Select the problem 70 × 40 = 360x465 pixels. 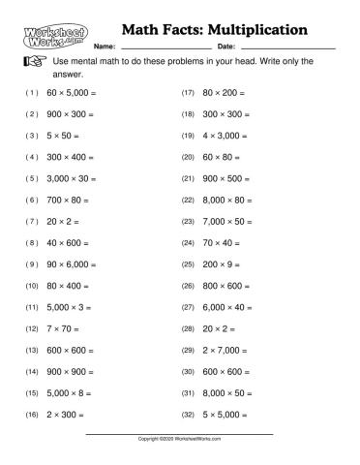[224, 242]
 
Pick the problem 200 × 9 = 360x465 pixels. [224, 263]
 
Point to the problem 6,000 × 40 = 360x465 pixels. [232, 307]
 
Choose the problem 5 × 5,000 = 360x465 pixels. [229, 414]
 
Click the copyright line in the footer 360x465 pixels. [180, 439]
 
